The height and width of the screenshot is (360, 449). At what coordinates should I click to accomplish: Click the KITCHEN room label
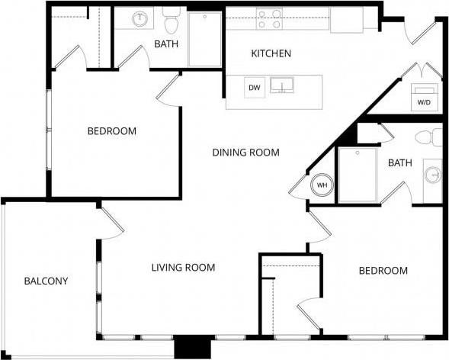point(271,53)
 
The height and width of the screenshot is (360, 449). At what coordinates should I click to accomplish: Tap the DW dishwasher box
point(255,88)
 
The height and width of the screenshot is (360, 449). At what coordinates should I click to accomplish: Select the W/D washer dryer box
point(423,100)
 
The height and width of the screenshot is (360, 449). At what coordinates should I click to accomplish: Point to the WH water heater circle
point(322,185)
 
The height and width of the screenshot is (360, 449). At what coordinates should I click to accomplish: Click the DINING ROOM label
point(245,153)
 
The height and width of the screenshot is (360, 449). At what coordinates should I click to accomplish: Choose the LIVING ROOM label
point(183,268)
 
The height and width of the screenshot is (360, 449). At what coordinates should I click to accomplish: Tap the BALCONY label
point(45,281)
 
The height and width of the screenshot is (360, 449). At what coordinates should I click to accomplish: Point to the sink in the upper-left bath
point(140,19)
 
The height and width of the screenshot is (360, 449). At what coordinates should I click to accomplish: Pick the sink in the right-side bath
point(433,174)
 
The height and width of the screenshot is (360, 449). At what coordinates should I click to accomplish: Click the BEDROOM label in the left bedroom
point(112,131)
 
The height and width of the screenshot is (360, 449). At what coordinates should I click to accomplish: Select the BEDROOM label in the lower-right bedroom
point(383,271)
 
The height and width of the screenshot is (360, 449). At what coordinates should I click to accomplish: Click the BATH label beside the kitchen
point(166,44)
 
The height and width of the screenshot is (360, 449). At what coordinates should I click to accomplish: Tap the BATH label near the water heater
point(399,163)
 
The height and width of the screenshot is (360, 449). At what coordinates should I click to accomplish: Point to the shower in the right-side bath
point(358,174)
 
